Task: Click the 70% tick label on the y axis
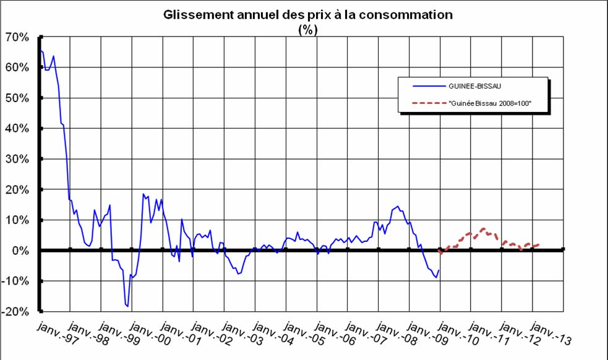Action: tap(17, 37)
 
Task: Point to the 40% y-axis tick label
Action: tap(17, 129)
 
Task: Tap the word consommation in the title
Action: tap(406, 15)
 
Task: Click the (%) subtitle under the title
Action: tap(307, 30)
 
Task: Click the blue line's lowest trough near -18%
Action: tap(127, 306)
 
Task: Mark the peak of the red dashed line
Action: tap(483, 229)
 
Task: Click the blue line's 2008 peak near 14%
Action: tap(397, 207)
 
